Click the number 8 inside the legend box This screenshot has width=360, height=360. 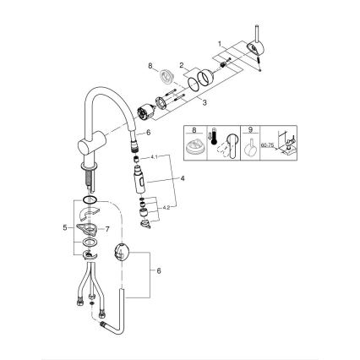(x=194, y=131)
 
